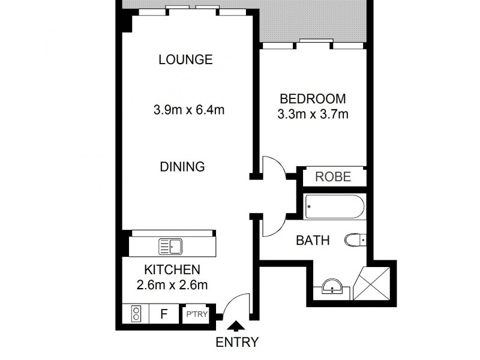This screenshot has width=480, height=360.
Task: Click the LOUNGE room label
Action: (x=185, y=59)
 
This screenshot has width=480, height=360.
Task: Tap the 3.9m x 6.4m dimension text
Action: (x=185, y=110)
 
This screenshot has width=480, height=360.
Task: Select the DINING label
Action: (x=182, y=167)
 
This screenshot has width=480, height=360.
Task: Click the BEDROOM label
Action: (x=313, y=98)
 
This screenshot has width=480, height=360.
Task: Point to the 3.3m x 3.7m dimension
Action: (x=313, y=114)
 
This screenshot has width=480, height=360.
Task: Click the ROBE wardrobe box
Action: (x=333, y=178)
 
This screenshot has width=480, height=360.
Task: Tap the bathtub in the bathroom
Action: (x=334, y=208)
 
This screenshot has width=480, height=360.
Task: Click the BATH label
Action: (x=313, y=241)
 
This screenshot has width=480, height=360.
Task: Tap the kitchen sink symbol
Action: (x=170, y=246)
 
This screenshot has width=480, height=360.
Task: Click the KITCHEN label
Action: (x=172, y=270)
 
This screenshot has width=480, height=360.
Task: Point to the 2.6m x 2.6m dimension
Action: (x=172, y=285)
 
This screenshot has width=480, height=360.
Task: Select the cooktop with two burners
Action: (x=136, y=314)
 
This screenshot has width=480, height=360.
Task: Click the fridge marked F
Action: (x=163, y=314)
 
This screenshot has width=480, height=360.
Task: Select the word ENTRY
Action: (x=237, y=343)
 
